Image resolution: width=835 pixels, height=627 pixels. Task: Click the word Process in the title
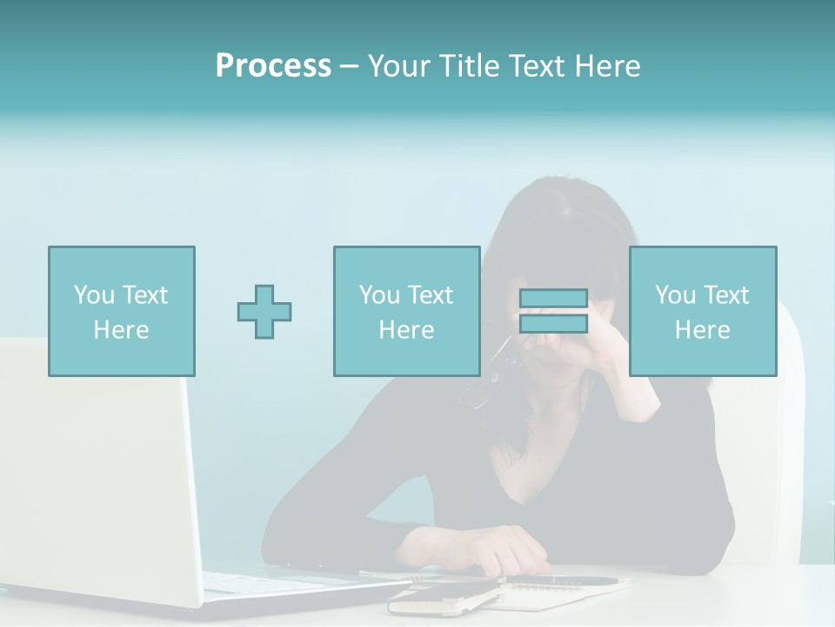tap(273, 66)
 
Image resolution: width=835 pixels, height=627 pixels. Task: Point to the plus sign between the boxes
tap(264, 312)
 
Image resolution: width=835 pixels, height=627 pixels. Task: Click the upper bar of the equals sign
tap(553, 299)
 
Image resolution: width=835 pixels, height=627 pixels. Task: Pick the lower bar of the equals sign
tap(553, 324)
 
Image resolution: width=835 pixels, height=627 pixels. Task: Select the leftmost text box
tap(122, 312)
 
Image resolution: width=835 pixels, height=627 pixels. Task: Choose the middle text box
tap(407, 312)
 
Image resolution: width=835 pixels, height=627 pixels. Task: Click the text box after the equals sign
tap(703, 312)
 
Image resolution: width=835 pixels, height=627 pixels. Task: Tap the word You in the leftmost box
tap(93, 295)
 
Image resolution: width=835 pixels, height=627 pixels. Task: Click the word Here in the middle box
tap(407, 330)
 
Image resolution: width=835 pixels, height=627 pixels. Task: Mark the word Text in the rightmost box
tap(726, 295)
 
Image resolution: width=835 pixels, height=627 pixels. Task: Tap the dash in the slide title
tap(349, 67)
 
